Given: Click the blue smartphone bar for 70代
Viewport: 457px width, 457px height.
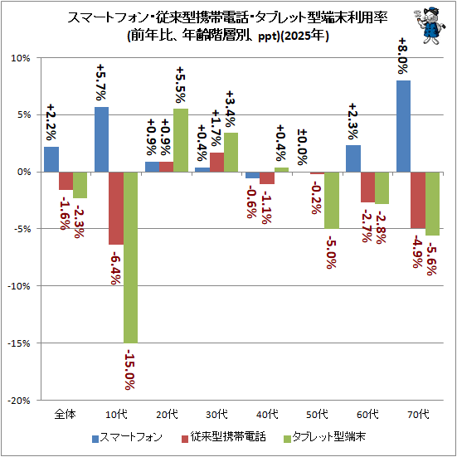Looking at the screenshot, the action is [x=403, y=126].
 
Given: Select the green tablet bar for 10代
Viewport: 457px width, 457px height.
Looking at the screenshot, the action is [x=130, y=258].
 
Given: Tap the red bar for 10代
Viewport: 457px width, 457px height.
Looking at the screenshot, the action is [x=116, y=208].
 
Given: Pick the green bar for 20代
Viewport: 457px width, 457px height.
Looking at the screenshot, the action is [x=181, y=140].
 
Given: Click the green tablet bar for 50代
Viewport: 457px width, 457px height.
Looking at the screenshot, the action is [x=332, y=200].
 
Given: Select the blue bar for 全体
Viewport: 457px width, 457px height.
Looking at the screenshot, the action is [x=51, y=159].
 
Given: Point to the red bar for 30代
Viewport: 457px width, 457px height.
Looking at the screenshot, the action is [x=216, y=162].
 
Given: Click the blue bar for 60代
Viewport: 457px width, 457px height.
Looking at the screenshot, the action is [x=353, y=158].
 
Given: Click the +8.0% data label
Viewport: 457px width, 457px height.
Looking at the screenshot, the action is [x=404, y=56].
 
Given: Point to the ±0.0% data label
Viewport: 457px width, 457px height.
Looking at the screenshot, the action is [x=303, y=148].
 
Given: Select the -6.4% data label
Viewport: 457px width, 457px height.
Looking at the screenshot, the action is [x=115, y=268].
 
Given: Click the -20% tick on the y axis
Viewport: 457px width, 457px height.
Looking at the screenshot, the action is [x=19, y=401].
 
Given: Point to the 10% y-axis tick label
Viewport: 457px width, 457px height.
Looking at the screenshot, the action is [x=21, y=58].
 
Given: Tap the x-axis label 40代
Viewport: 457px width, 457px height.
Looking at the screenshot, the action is [x=267, y=414].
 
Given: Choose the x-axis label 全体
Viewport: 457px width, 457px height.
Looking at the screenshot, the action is [x=66, y=414].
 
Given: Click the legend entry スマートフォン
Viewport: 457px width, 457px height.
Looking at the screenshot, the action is [x=127, y=437].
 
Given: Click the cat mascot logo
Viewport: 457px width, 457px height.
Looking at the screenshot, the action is [x=430, y=26].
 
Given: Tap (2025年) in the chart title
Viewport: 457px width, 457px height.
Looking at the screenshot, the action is [x=304, y=36].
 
